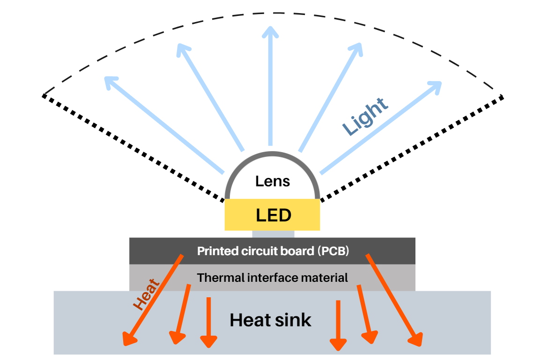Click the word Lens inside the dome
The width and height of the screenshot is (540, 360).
(273, 181)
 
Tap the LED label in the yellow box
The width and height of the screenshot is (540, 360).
(274, 215)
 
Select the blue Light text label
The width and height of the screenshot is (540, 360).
(365, 117)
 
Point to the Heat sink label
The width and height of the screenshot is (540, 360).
(270, 320)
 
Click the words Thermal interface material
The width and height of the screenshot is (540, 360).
(272, 278)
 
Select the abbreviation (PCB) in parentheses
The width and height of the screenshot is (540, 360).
(334, 251)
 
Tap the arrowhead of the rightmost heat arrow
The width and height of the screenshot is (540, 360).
(415, 340)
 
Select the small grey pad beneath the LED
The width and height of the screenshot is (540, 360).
(273, 234)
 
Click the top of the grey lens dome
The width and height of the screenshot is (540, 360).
(273, 154)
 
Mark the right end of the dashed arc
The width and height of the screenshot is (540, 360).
(503, 96)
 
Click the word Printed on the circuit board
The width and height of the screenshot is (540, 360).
(215, 251)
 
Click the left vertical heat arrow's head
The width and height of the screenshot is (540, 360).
(208, 342)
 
